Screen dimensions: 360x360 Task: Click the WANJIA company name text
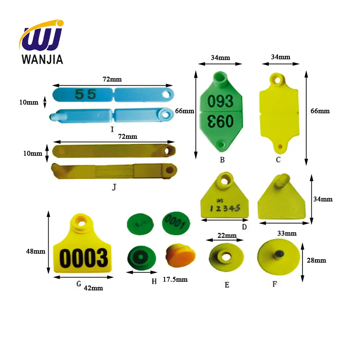42,59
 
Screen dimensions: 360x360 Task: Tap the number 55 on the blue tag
85,94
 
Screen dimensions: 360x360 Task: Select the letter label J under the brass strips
114,187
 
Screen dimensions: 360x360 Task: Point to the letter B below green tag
222,159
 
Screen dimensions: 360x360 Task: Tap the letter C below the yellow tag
278,159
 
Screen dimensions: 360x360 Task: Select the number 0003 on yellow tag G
84,258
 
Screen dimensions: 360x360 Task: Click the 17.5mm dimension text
175,279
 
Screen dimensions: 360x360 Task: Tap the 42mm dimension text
93,288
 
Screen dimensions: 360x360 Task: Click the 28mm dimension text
317,260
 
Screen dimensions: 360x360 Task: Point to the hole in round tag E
226,256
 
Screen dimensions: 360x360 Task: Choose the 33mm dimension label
287,233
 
